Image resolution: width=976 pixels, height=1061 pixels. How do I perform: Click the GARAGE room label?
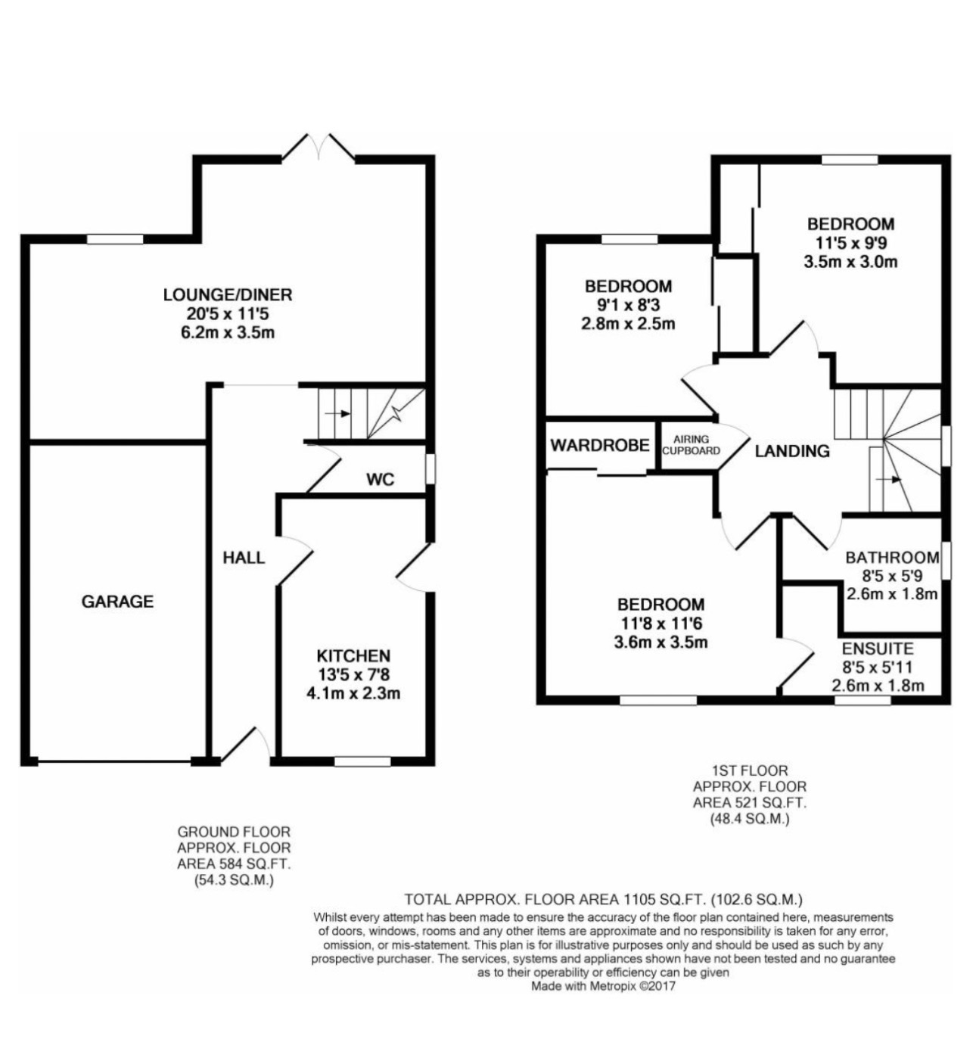coord(117,602)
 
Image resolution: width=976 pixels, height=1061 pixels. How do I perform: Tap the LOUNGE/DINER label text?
coord(227,294)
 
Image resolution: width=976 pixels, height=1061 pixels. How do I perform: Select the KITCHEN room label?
coord(353,655)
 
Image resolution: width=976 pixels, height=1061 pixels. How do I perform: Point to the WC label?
coord(380,479)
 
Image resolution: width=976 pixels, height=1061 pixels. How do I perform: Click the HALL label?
coord(244,558)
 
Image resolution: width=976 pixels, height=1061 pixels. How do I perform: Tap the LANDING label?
coord(792,451)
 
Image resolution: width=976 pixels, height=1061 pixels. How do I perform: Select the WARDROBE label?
coord(599,445)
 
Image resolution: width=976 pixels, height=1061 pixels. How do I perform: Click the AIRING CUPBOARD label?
coord(692,445)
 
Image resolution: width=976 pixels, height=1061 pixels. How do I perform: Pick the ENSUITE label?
coord(878,649)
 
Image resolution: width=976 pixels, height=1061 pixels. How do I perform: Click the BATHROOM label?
coord(892,558)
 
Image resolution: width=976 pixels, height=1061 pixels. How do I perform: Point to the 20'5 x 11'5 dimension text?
coord(227,313)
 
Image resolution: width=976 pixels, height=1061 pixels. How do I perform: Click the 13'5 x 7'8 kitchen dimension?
coord(353,674)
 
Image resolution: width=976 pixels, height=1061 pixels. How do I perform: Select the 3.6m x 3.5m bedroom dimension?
coord(661,643)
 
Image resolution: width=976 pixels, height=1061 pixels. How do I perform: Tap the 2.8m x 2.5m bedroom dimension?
coord(628,324)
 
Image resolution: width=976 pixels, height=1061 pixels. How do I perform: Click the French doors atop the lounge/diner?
coord(319,148)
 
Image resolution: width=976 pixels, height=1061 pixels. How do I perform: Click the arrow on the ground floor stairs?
coord(337,414)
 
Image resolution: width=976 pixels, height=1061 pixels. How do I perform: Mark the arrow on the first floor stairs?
coord(890,479)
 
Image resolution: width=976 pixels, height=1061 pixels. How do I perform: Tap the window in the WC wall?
coord(430,468)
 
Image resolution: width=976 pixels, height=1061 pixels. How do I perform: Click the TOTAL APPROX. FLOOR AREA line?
coord(603,900)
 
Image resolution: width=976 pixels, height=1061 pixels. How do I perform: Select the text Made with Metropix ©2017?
coord(603,986)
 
